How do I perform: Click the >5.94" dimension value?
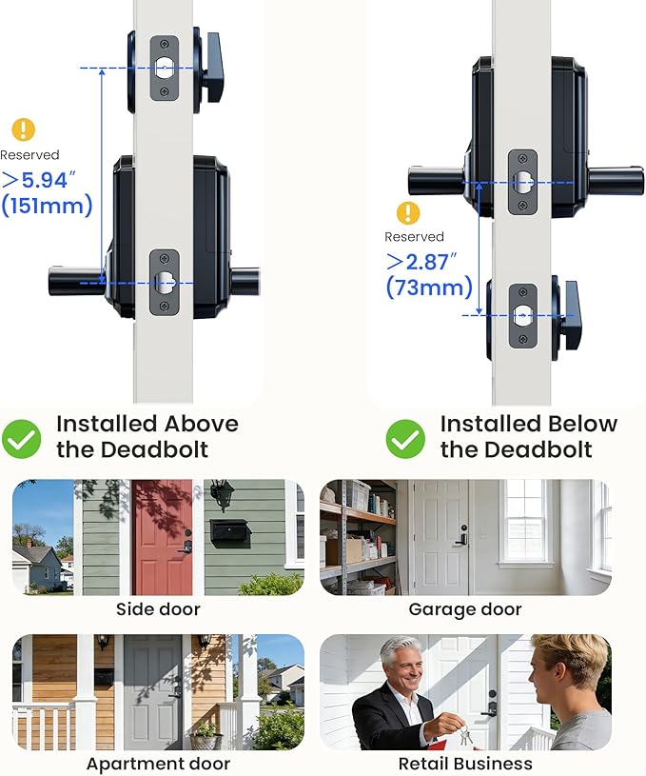(39, 180)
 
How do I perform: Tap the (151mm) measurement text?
(47, 205)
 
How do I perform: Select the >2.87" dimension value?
(421, 261)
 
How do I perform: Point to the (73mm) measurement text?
(429, 287)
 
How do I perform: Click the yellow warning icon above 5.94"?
(23, 129)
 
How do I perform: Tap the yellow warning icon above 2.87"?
(408, 213)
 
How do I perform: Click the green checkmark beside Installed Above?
(21, 439)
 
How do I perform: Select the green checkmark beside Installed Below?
(405, 439)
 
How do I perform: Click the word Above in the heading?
(202, 424)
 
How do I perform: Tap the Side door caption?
(158, 609)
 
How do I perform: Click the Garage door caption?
(465, 609)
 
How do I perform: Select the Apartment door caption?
(158, 764)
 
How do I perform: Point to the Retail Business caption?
(465, 764)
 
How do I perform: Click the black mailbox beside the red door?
(230, 530)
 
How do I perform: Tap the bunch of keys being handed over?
(464, 734)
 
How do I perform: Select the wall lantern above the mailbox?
(221, 493)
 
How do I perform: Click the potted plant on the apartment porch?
(206, 735)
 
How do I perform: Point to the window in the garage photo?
(524, 522)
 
